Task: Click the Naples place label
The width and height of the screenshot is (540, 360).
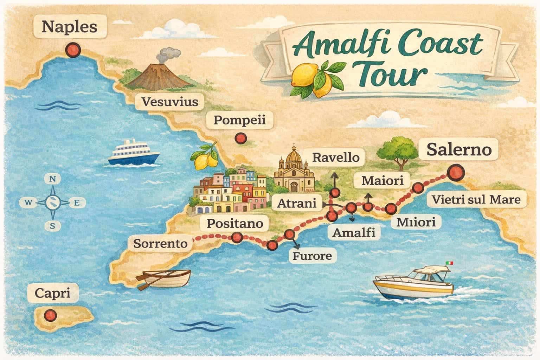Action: [69, 27]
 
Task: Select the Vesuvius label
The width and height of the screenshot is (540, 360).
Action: [170, 102]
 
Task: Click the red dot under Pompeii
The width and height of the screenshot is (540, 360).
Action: [241, 138]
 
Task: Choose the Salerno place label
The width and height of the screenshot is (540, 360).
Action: [458, 150]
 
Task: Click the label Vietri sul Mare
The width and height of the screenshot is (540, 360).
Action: [476, 200]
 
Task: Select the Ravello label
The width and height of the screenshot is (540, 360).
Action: [336, 157]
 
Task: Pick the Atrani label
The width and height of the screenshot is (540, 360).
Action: [297, 203]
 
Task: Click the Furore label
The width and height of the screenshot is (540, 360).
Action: [312, 256]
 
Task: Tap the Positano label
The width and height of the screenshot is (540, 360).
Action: [235, 224]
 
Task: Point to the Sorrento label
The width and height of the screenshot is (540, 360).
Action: [160, 243]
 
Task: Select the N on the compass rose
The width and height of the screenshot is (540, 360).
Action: [52, 179]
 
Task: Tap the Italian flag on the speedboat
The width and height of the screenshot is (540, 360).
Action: [449, 263]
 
